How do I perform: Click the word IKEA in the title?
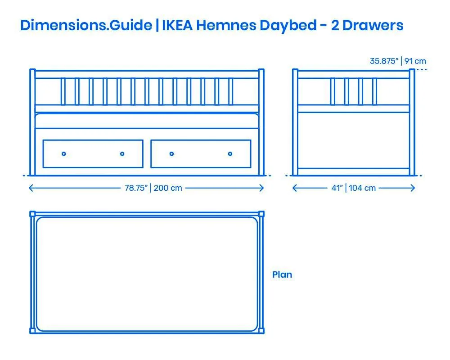pyautogui.click(x=177, y=25)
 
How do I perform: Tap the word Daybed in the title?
pyautogui.click(x=288, y=26)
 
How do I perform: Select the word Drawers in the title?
pyautogui.click(x=373, y=25)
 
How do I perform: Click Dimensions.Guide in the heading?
pyautogui.click(x=86, y=25)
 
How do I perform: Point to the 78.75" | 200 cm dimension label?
pyautogui.click(x=153, y=188)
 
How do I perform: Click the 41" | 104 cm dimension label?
pyautogui.click(x=354, y=188)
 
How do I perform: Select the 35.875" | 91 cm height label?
pyautogui.click(x=398, y=61)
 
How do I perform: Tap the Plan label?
pyautogui.click(x=282, y=274)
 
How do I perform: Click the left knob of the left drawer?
pyautogui.click(x=64, y=154)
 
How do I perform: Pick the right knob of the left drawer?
pyautogui.click(x=122, y=154)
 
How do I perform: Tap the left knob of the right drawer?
pyautogui.click(x=171, y=154)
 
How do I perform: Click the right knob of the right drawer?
pyautogui.click(x=230, y=154)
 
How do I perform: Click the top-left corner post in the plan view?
pyautogui.click(x=32, y=214)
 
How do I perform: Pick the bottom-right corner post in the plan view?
pyautogui.click(x=261, y=331)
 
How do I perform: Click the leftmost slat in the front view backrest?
pyautogui.click(x=63, y=92)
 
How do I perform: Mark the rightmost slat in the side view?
pyautogui.click(x=374, y=92)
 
